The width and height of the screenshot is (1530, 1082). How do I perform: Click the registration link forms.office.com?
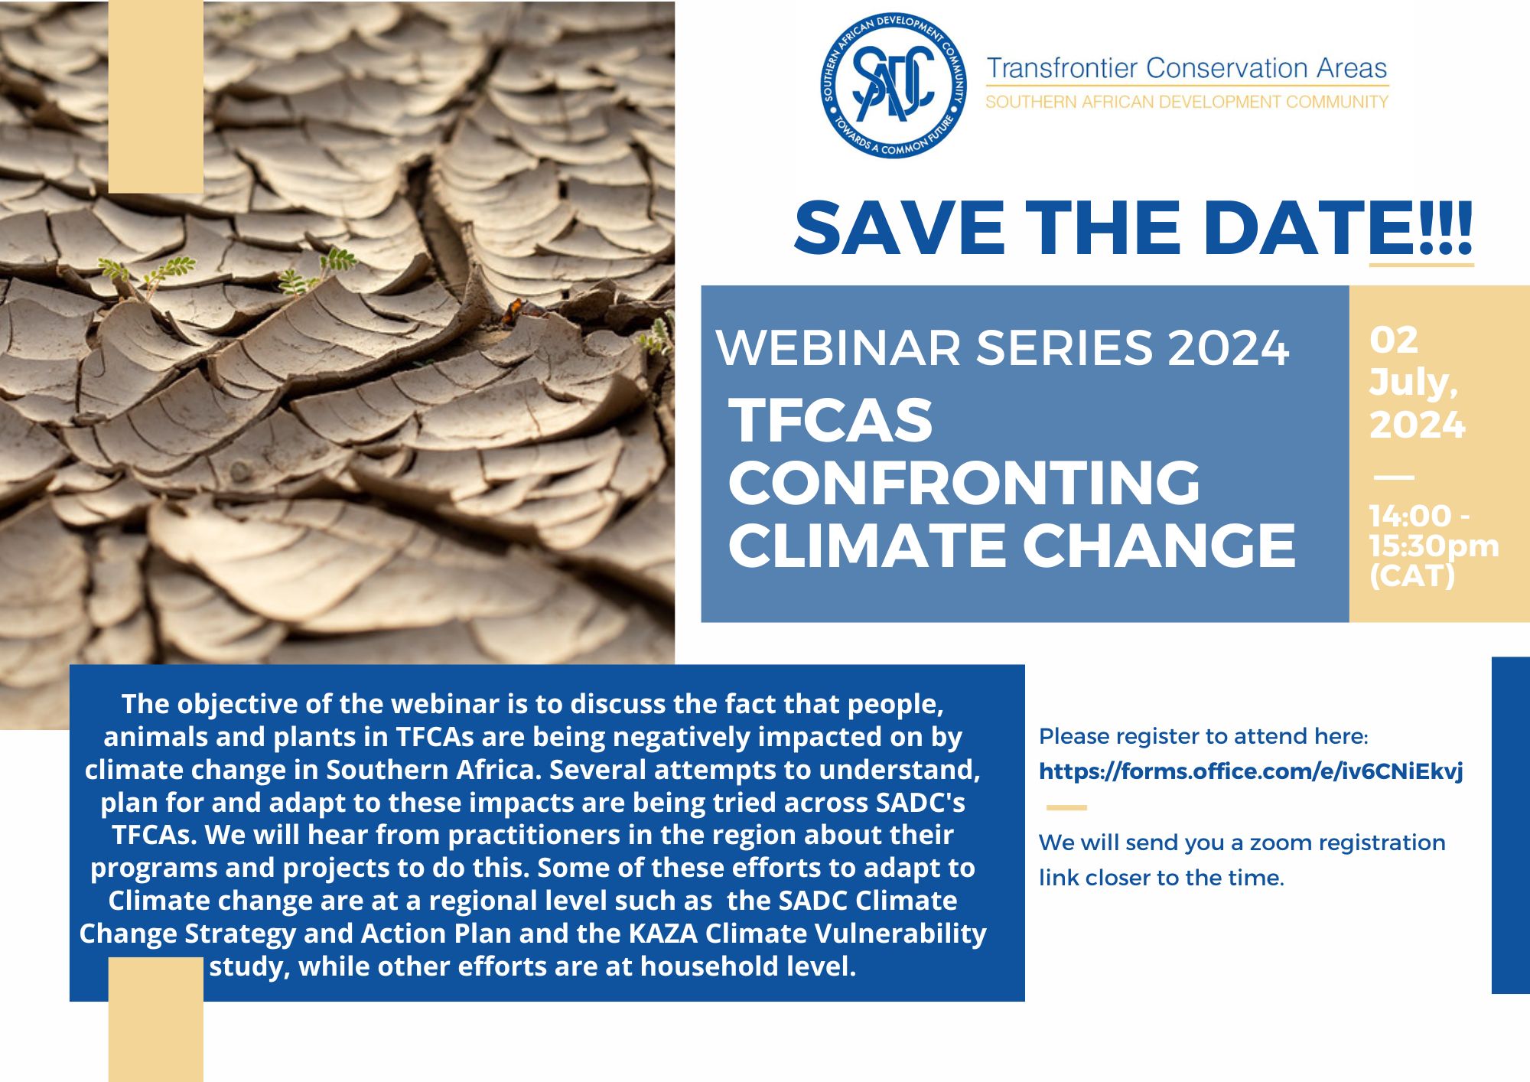pos(1251,771)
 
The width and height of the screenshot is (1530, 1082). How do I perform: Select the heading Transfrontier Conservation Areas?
pos(1187,68)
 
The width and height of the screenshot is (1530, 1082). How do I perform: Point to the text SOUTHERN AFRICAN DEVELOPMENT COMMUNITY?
pos(1187,102)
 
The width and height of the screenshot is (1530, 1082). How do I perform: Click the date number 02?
pos(1394,340)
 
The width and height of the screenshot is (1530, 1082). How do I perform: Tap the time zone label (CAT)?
pos(1412,575)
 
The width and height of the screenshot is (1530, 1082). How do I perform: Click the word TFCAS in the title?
pos(831,420)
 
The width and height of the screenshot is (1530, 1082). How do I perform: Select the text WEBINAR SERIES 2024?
pos(1003,348)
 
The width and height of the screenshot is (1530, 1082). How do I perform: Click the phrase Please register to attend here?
pos(1203,736)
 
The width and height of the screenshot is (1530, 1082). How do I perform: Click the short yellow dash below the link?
pos(1066,807)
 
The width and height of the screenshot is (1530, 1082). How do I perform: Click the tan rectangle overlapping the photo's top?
pos(156,96)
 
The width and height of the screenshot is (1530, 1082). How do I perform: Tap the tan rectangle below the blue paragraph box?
pos(156,1019)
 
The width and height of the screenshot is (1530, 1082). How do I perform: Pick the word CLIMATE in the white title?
pos(867,546)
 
